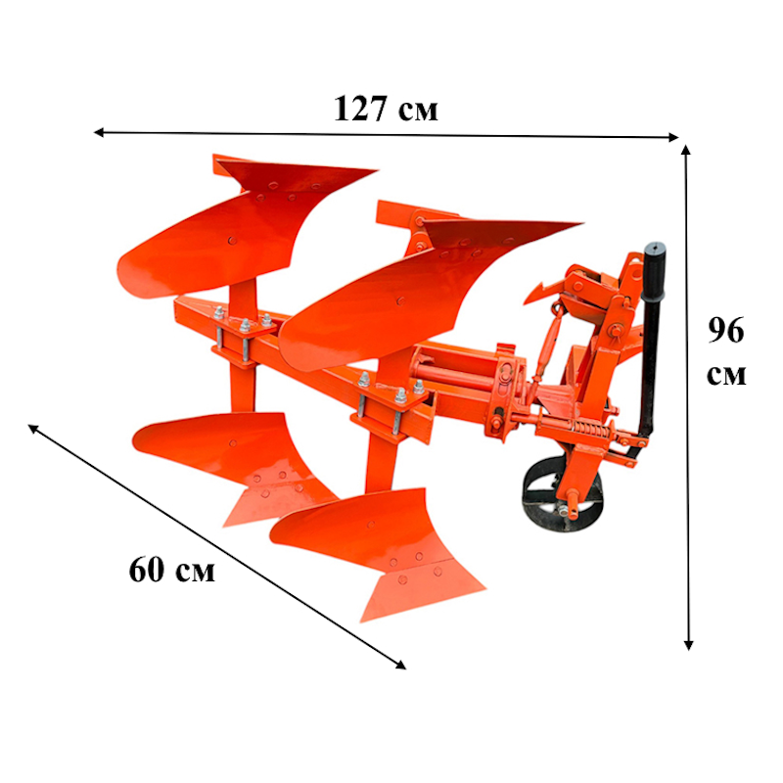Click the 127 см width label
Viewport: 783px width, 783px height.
pyautogui.click(x=386, y=109)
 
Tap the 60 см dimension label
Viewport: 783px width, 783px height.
pyautogui.click(x=172, y=570)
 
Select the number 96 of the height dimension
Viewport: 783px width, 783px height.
pyautogui.click(x=726, y=330)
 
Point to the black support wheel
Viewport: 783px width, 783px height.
pyautogui.click(x=562, y=494)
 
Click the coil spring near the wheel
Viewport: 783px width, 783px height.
pyautogui.click(x=591, y=428)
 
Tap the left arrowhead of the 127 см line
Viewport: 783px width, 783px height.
pyautogui.click(x=99, y=132)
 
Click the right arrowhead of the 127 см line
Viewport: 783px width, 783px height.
pyautogui.click(x=673, y=137)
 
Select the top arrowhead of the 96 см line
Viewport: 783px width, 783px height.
pyautogui.click(x=686, y=151)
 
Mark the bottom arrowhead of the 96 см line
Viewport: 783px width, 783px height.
pyautogui.click(x=689, y=645)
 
